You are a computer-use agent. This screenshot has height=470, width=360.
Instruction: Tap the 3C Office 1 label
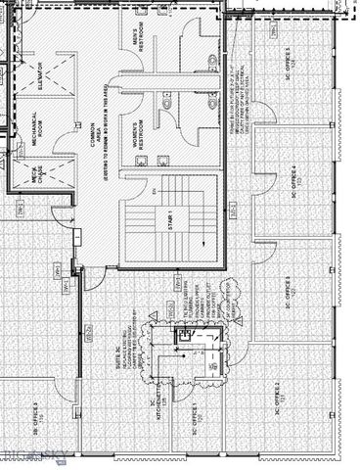click(x=197, y=416)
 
